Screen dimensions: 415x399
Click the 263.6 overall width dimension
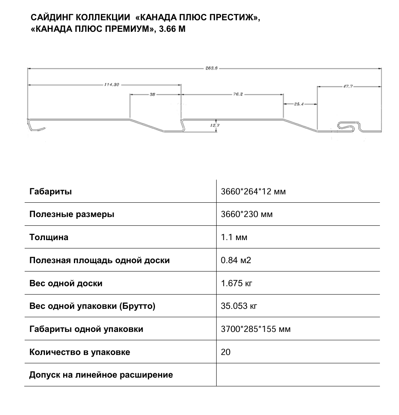point(211,68)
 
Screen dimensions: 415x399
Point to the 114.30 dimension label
point(112,85)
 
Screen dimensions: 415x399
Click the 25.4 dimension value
point(299,104)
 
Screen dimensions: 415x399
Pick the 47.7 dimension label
point(348,86)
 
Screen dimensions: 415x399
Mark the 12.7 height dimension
point(216,126)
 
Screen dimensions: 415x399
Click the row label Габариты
point(50,192)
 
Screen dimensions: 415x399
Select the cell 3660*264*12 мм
point(253,192)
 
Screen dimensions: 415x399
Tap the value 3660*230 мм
point(246,215)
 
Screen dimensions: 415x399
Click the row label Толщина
point(49,238)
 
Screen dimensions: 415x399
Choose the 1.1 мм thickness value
point(234,238)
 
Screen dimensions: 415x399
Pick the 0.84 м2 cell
point(236,261)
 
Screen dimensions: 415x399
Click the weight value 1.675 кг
point(236,284)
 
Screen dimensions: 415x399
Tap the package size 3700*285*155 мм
point(256,330)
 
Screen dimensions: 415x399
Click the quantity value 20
point(225,353)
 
